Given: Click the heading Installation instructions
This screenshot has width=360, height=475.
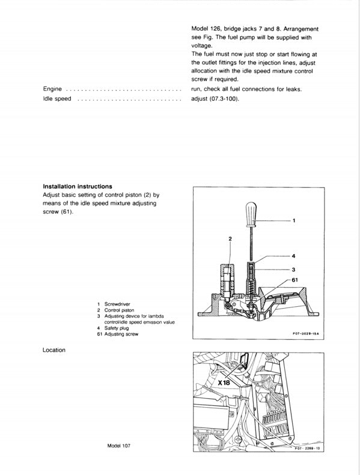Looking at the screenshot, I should [78, 186].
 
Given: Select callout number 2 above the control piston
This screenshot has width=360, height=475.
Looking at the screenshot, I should [230, 239].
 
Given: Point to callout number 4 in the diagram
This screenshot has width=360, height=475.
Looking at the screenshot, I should [294, 256].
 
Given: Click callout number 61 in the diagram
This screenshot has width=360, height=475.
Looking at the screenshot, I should [296, 280].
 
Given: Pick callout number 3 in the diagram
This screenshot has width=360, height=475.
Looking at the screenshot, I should [294, 270].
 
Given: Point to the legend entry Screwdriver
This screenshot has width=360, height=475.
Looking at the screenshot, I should [118, 304].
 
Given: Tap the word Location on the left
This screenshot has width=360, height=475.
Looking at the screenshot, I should [54, 349].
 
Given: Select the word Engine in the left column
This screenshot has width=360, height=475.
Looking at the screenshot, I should [53, 89].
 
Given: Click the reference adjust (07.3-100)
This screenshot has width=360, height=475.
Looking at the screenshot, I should [215, 98].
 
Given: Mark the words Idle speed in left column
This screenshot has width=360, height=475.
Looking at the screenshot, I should [57, 98].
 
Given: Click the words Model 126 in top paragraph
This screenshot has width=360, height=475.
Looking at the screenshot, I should [206, 29].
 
